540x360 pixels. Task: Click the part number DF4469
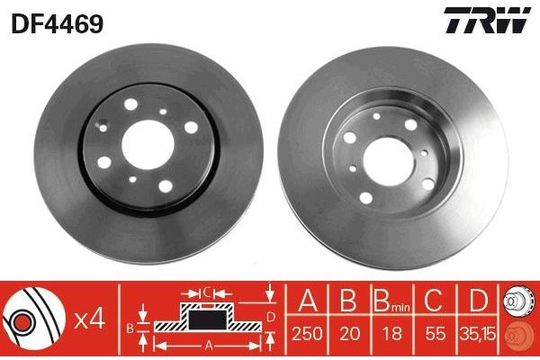pyautogui.click(x=57, y=22)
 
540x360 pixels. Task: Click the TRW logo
pyautogui.click(x=483, y=22)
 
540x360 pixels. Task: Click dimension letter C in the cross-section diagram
pyautogui.click(x=206, y=292)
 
